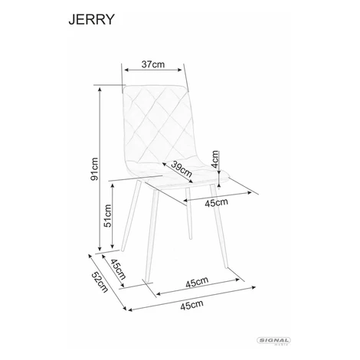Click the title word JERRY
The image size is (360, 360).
coord(91,19)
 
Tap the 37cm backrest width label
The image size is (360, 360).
coord(153,64)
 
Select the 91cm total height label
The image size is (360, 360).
coord(94,169)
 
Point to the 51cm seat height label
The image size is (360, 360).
coord(107,216)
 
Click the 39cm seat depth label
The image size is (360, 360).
coord(182,169)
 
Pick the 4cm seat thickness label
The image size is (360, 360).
coord(215,159)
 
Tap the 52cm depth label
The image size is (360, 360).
coord(100,282)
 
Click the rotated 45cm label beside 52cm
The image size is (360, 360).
coord(118,269)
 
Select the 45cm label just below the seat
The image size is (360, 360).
coord(217,203)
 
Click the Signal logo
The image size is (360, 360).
coord(273,341)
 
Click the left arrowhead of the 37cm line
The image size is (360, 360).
coord(126,70)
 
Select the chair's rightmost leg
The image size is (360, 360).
coord(218,226)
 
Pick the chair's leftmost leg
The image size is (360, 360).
coord(131,216)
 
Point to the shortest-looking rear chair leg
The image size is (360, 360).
coord(188,214)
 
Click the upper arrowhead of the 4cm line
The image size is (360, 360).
coord(219,173)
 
